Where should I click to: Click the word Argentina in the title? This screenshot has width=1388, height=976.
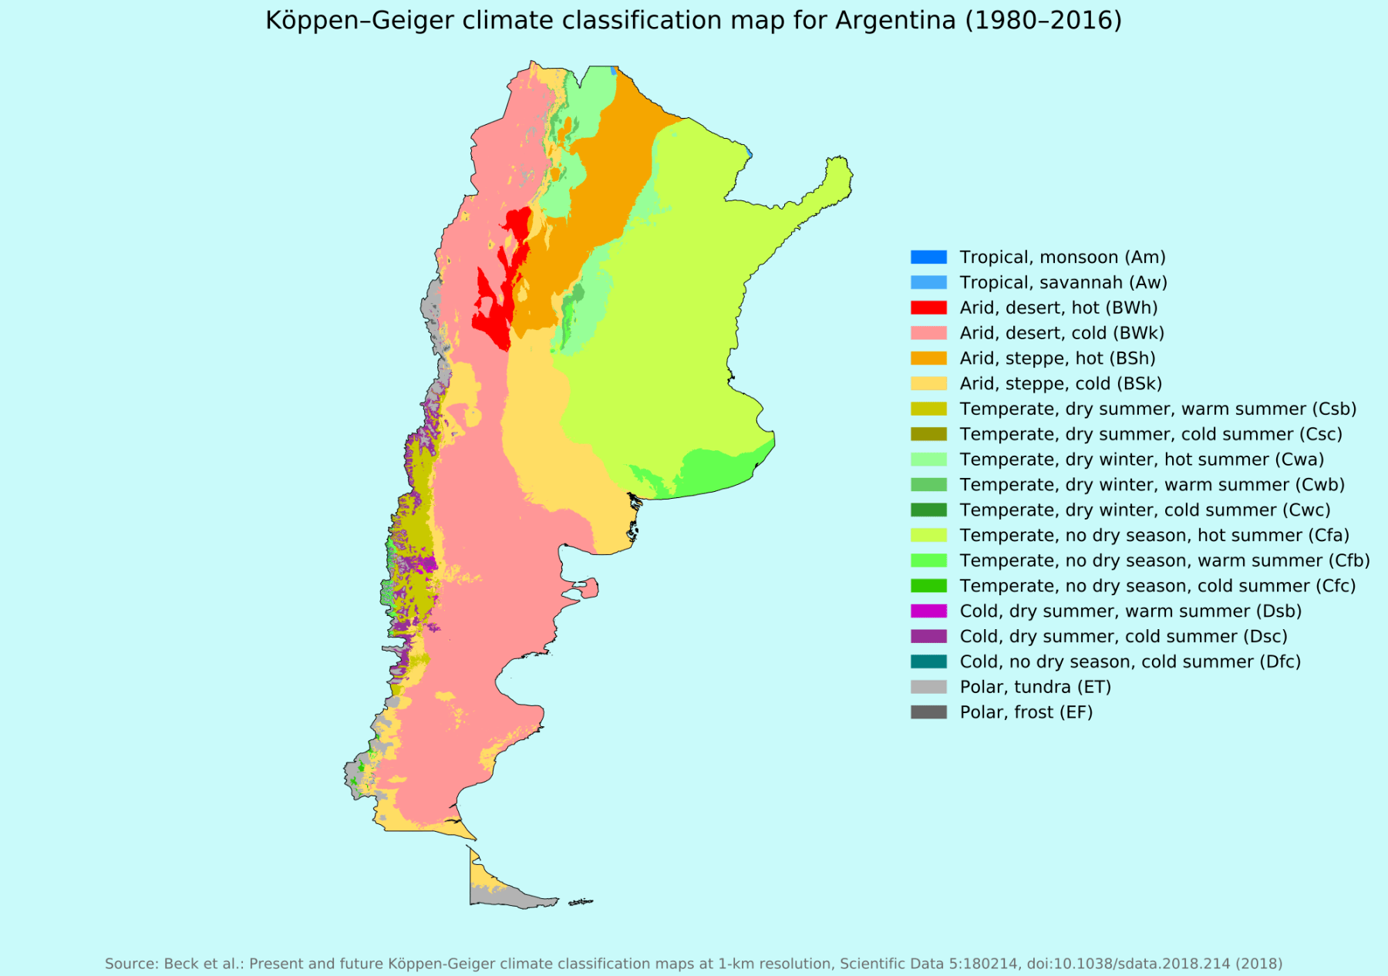(x=895, y=20)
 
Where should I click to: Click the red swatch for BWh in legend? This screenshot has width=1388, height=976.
(x=928, y=308)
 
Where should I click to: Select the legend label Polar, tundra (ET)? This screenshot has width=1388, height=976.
(x=1035, y=687)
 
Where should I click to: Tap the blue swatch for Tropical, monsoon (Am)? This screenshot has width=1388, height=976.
(x=928, y=257)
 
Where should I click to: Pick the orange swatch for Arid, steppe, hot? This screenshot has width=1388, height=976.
(x=928, y=358)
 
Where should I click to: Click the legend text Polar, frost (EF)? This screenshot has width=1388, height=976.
(x=1026, y=712)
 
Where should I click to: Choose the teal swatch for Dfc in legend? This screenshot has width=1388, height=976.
(x=928, y=661)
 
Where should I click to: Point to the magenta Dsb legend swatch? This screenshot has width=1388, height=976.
(x=928, y=611)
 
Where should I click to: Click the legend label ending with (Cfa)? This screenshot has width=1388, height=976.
(x=1154, y=535)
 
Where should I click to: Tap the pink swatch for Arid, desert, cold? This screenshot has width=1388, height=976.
(x=928, y=333)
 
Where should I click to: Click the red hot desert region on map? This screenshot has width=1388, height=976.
(x=494, y=308)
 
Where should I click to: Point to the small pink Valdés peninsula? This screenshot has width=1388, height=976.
(x=588, y=589)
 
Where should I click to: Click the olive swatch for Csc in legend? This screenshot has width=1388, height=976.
(x=928, y=434)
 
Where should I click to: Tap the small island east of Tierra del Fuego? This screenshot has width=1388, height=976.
(x=581, y=902)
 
